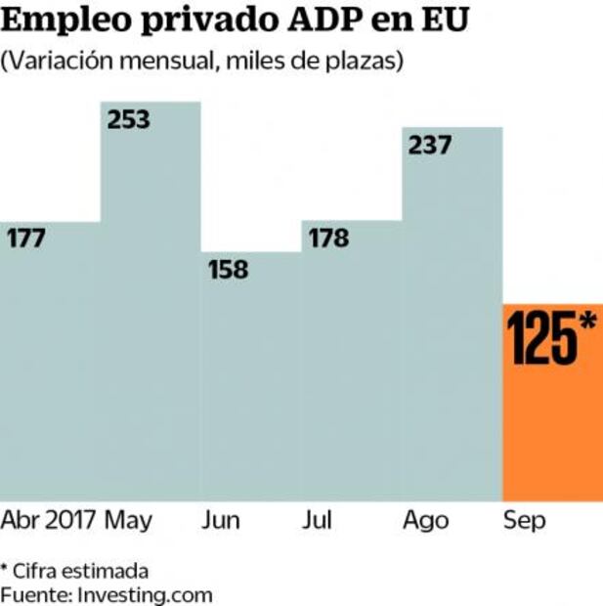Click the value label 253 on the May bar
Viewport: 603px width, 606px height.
click(x=129, y=120)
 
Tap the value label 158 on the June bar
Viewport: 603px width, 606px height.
click(x=228, y=269)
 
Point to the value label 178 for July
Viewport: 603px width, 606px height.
click(x=327, y=238)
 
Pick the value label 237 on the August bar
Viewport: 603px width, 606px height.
click(x=430, y=145)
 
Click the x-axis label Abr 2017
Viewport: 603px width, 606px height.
click(x=49, y=520)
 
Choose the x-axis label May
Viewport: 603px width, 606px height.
click(x=128, y=520)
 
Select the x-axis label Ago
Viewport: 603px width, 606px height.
click(x=425, y=520)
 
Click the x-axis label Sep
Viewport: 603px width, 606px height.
click(x=525, y=520)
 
